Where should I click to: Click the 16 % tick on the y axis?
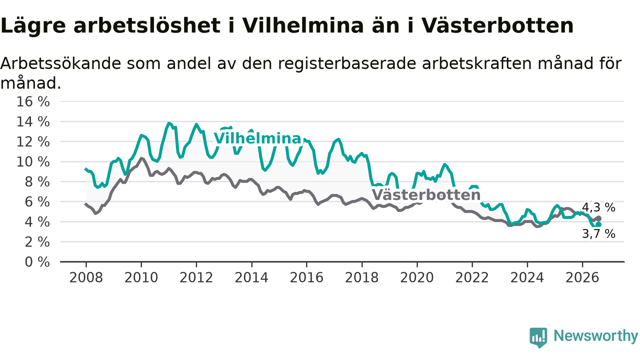(33, 101)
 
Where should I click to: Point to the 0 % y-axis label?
(37, 262)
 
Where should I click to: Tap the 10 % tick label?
(33, 162)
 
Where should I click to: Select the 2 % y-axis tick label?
(37, 242)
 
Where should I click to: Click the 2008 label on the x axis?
(86, 277)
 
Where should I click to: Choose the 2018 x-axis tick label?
(361, 277)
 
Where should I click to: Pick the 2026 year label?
(582, 277)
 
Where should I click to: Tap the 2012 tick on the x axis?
(196, 277)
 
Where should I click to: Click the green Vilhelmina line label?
(257, 138)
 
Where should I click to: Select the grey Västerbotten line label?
(426, 195)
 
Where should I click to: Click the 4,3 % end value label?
(598, 207)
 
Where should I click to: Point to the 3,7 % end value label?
(598, 234)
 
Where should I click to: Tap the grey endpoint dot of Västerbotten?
(598, 218)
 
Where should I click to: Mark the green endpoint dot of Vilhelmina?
(598, 224)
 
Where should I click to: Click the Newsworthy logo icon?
(538, 337)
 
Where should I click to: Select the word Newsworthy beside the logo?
(595, 335)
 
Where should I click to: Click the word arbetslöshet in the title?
(147, 25)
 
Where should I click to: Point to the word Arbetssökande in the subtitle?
(61, 63)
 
